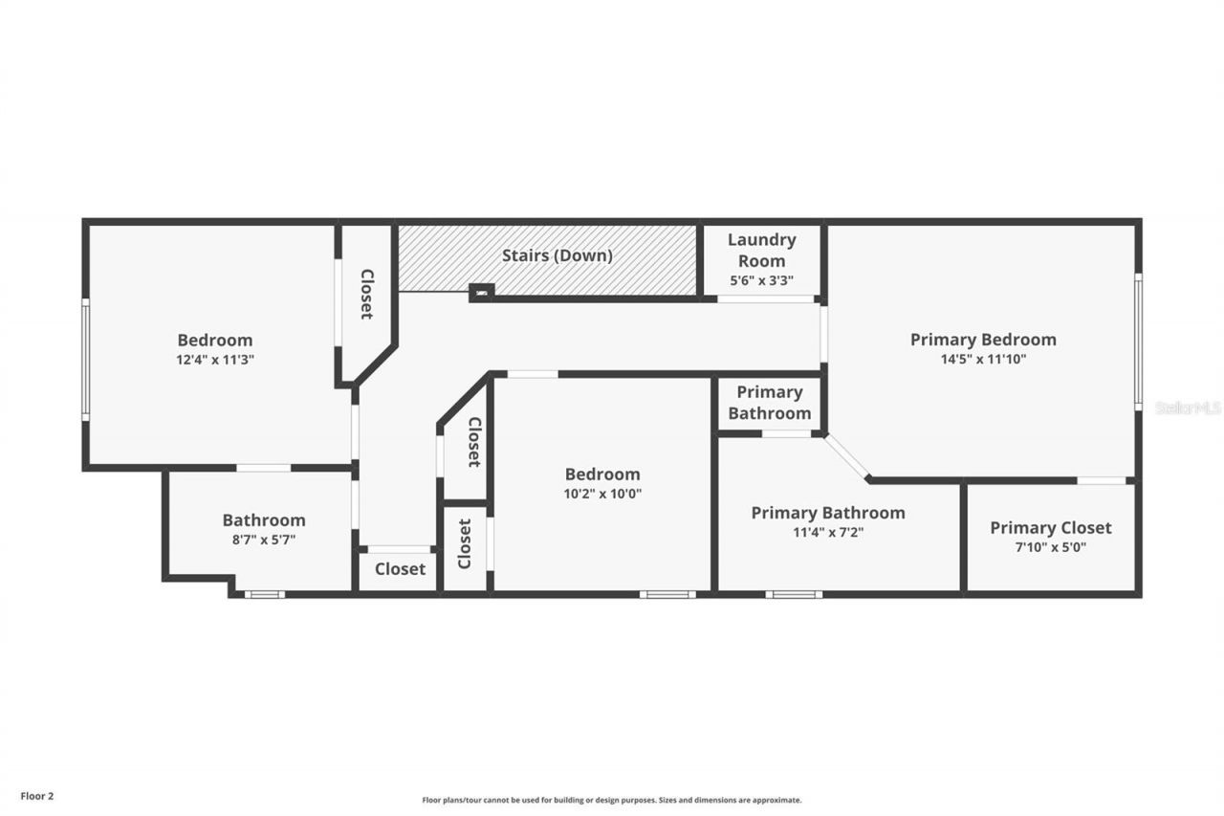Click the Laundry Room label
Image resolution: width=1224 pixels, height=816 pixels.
click(761, 250)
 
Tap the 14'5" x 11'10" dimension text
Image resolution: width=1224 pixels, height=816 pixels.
click(983, 360)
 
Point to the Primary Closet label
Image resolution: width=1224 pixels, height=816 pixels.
click(1050, 527)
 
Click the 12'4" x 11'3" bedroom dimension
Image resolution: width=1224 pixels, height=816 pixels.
click(215, 360)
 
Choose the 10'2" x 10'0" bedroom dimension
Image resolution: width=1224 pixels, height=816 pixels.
click(602, 495)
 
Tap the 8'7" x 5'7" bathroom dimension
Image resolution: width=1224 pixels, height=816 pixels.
click(264, 540)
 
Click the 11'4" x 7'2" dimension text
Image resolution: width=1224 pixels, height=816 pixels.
click(827, 533)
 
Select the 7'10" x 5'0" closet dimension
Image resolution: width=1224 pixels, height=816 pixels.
click(1050, 548)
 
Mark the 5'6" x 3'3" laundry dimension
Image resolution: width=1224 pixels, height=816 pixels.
click(761, 281)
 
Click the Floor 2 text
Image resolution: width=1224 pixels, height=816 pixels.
click(37, 795)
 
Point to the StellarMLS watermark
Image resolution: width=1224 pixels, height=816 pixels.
click(1188, 408)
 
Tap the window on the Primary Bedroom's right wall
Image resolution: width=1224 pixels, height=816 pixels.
click(1138, 342)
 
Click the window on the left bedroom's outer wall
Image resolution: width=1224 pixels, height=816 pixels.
click(85, 360)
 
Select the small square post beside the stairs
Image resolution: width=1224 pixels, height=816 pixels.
click(481, 292)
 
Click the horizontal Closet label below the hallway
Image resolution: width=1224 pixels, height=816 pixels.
click(400, 569)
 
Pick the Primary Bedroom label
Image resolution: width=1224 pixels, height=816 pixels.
click(983, 340)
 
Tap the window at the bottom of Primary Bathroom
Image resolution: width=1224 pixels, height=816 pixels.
click(793, 594)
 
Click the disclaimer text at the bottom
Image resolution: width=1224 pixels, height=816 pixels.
click(612, 800)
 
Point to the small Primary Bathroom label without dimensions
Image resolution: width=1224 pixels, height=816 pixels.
click(769, 403)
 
